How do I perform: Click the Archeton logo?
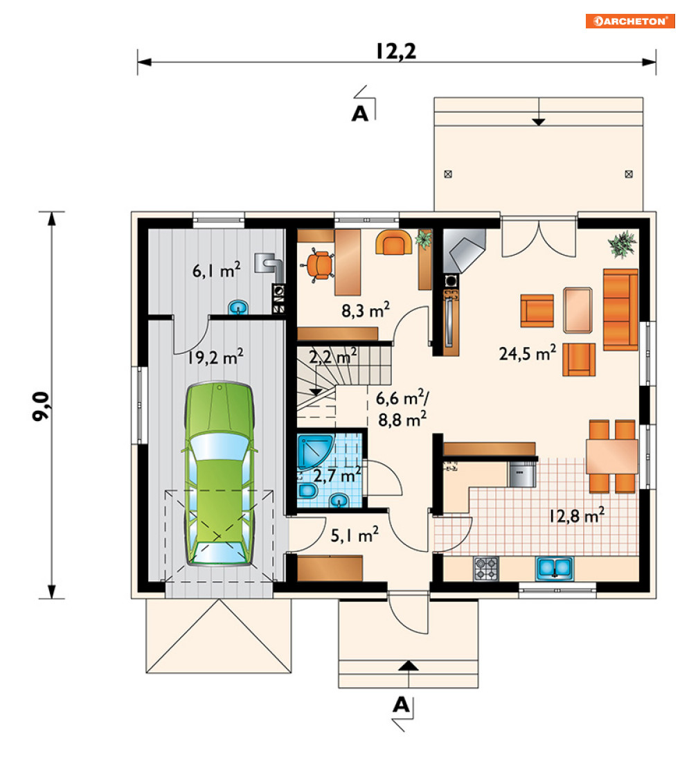click(x=630, y=21)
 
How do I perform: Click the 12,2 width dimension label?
click(x=396, y=51)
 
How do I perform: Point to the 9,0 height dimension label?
click(x=41, y=406)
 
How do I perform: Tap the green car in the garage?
click(x=219, y=474)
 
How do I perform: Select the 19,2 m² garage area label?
click(x=215, y=357)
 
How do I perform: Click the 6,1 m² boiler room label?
click(x=217, y=270)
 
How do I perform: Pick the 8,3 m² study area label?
click(x=365, y=310)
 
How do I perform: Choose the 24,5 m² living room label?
click(x=528, y=353)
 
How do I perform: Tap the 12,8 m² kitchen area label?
click(x=577, y=515)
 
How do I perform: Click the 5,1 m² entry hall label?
click(x=355, y=534)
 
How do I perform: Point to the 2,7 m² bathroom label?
click(x=337, y=475)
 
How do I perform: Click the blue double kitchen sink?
click(x=555, y=569)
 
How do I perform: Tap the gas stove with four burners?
click(x=486, y=569)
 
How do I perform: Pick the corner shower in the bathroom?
click(x=315, y=452)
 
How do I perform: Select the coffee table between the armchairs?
click(x=578, y=310)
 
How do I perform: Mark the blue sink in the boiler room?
click(x=239, y=308)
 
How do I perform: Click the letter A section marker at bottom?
click(x=402, y=704)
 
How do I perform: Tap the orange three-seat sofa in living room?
click(x=620, y=310)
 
